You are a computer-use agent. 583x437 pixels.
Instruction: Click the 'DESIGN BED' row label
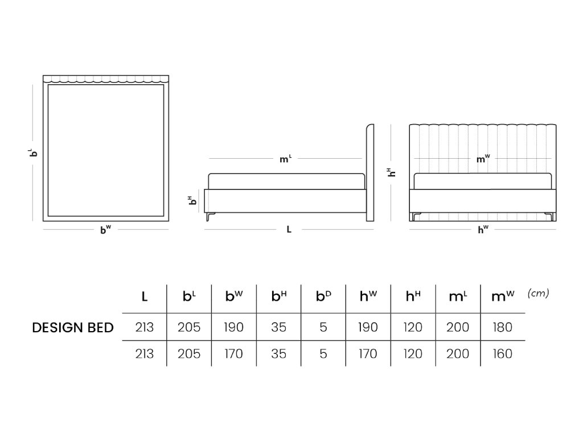(x=73, y=328)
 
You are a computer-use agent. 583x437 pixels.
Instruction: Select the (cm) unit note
(x=538, y=293)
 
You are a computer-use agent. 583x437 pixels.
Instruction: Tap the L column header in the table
(x=145, y=296)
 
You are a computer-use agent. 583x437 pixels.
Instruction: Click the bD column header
(x=323, y=296)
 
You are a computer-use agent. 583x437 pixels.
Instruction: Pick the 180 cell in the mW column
(x=502, y=328)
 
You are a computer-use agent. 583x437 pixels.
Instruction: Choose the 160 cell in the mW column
(x=502, y=354)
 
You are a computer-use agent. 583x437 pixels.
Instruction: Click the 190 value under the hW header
(x=368, y=328)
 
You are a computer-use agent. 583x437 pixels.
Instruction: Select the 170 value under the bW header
(x=233, y=354)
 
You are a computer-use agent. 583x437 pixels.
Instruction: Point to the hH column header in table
(x=413, y=296)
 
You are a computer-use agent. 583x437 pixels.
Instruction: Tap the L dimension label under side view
(x=289, y=230)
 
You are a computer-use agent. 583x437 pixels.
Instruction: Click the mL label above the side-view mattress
(x=285, y=159)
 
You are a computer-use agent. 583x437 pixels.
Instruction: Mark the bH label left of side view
(x=192, y=200)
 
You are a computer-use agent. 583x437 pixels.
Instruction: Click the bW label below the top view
(x=105, y=230)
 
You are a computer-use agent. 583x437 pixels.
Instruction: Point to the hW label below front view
(x=483, y=230)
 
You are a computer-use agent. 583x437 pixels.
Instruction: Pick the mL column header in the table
(x=458, y=296)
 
